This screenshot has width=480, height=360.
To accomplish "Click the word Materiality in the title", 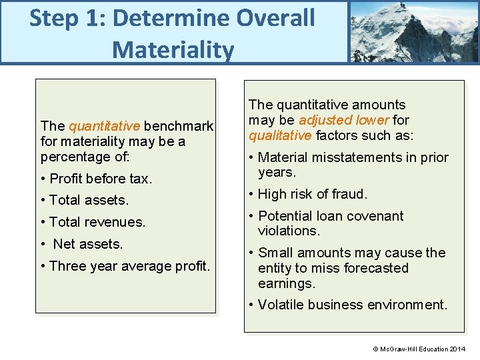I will click(173, 49).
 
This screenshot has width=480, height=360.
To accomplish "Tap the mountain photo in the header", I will click(413, 31).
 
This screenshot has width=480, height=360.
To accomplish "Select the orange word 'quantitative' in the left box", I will click(104, 126).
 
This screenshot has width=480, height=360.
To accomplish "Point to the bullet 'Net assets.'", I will click(87, 244).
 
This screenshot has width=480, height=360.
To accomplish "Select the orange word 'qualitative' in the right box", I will click(280, 136).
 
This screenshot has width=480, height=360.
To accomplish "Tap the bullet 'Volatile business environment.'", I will click(347, 305).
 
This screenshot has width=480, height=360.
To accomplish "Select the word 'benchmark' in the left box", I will click(179, 126).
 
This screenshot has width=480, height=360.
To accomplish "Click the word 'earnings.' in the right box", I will click(287, 283).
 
